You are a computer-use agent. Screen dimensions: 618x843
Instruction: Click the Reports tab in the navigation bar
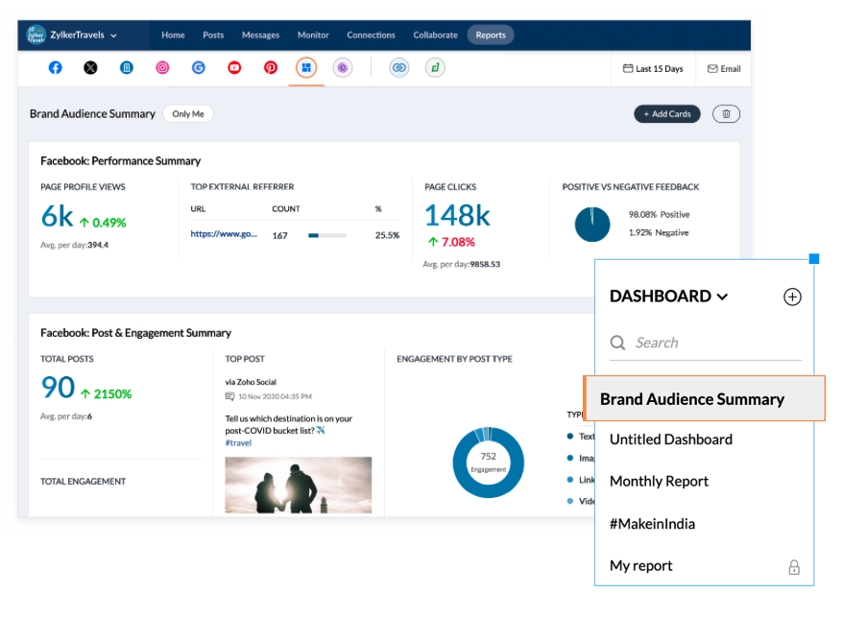coord(491,36)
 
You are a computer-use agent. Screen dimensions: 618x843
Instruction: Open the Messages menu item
coord(260,36)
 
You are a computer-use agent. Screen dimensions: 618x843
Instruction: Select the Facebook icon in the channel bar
coord(56,68)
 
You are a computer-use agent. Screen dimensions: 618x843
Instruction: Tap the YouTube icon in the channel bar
coord(234,68)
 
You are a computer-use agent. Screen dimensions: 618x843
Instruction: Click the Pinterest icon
coord(271,68)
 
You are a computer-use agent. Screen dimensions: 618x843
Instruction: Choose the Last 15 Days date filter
coord(653,69)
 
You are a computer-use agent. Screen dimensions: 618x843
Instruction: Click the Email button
coord(724,69)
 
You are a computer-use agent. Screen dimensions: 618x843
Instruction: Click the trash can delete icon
coord(726,114)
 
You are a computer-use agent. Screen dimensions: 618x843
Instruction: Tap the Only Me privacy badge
coord(188,114)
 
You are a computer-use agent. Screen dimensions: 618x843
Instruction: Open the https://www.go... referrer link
coord(224,234)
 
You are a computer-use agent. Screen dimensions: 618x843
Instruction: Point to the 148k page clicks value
coord(457,216)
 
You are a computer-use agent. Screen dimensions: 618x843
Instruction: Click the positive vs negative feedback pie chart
coord(592,225)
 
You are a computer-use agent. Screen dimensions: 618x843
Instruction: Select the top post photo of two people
coord(298,484)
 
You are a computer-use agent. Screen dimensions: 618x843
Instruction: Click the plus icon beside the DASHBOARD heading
coord(792,297)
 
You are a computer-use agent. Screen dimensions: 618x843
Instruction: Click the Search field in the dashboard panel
coord(706,343)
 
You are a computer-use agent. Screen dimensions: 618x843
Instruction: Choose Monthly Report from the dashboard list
coord(659,482)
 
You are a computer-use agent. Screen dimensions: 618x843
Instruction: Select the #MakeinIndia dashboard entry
coord(652,524)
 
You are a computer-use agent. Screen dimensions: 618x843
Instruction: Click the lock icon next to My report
coord(794,567)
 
